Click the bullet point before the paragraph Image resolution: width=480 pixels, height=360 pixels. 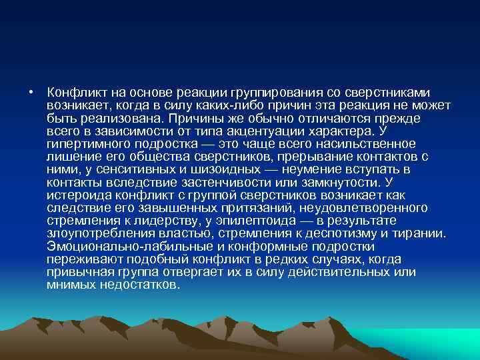[31, 93]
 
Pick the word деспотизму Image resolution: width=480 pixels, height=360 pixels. [337, 233]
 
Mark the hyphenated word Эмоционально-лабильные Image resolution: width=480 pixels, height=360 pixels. [119, 245]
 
